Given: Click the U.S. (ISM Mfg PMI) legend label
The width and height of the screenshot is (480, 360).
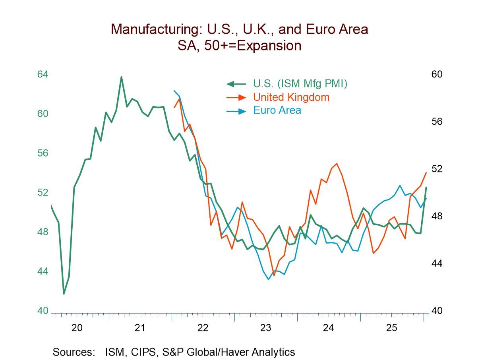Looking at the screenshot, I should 300,84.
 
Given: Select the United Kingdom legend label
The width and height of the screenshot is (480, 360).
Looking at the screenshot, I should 291,97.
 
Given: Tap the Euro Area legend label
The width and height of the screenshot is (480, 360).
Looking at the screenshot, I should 277,110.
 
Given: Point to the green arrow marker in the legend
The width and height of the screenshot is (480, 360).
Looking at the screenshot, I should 236,84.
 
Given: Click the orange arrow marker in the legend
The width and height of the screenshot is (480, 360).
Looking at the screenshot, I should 236,97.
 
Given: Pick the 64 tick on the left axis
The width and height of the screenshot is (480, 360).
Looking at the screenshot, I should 43,74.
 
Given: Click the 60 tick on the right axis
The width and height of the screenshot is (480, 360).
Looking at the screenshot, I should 437,74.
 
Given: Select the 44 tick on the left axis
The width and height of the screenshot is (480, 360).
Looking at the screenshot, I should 43,271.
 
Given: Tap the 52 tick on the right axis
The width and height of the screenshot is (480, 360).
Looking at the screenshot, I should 437,169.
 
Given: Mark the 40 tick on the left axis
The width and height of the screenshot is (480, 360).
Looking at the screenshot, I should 43,311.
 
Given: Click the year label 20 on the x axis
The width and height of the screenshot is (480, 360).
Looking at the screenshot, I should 77,328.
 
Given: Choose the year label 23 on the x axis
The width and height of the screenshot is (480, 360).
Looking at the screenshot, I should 265,328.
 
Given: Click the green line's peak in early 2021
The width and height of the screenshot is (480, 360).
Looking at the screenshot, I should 121,77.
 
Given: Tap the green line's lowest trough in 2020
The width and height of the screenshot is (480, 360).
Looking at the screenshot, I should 64,294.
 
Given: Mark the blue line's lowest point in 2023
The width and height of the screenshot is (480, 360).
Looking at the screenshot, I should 269,279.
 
